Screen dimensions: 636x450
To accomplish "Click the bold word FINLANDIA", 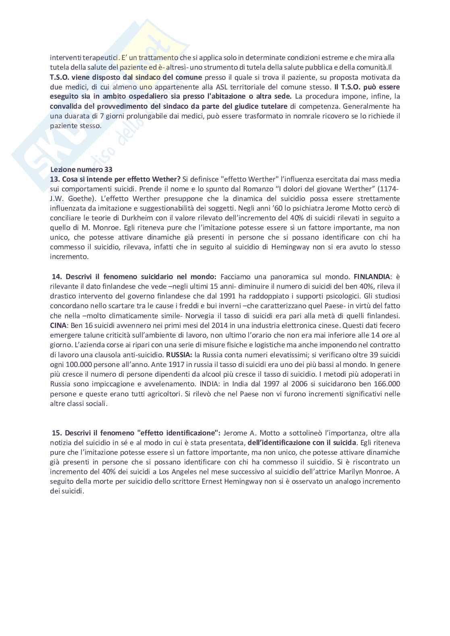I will [x=372, y=277].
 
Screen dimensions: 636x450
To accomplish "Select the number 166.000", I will [x=385, y=384].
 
